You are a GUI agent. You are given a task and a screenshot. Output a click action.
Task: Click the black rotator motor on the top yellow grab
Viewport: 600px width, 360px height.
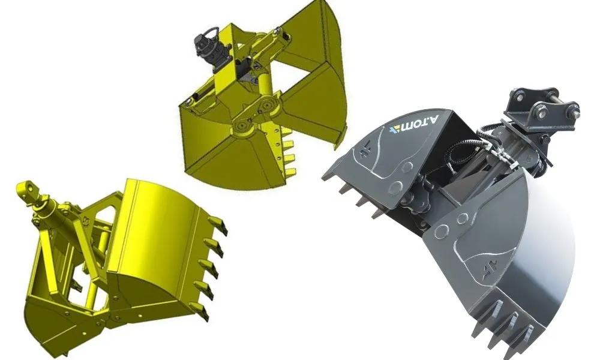(211, 50)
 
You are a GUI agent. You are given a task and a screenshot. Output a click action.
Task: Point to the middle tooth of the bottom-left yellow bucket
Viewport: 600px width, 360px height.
(209, 268)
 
